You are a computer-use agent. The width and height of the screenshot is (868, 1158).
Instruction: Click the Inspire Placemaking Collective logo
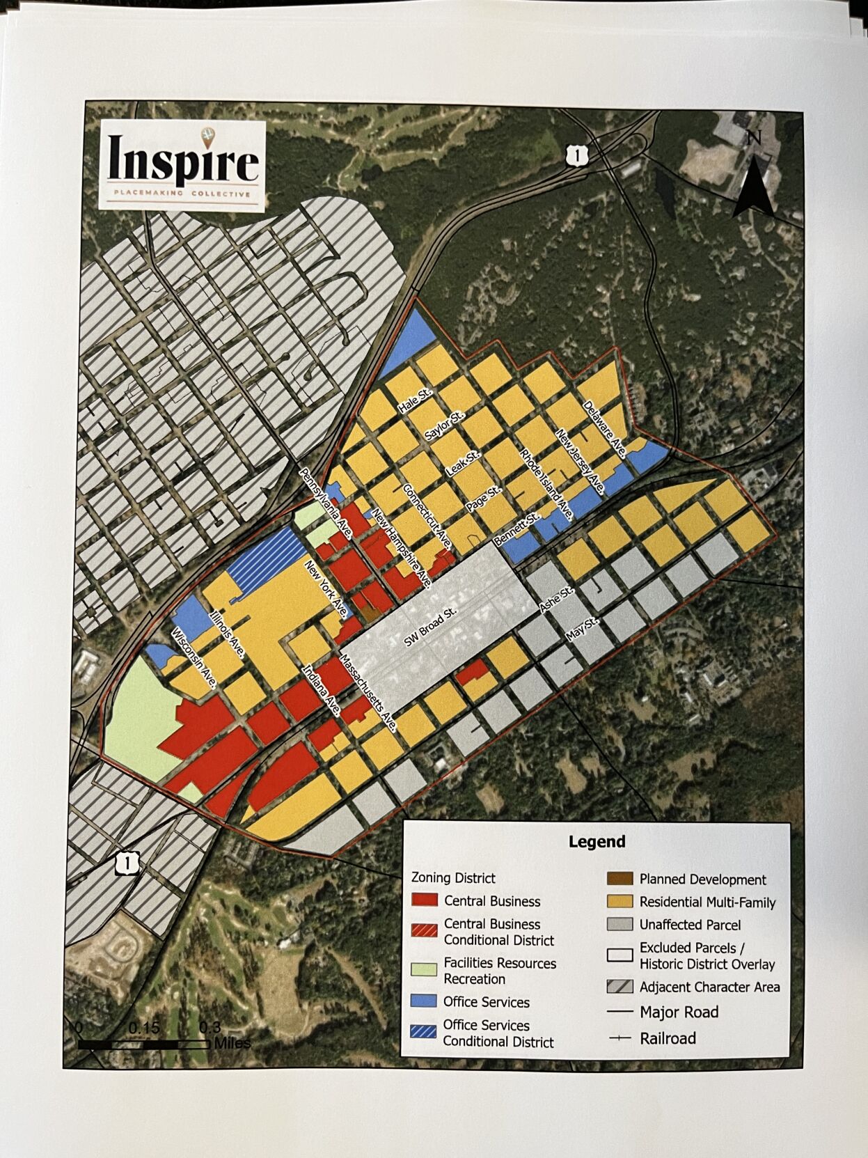[x=182, y=165]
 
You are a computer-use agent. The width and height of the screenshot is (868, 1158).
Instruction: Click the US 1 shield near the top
[x=576, y=155]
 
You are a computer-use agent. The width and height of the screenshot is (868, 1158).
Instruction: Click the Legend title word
[x=597, y=841]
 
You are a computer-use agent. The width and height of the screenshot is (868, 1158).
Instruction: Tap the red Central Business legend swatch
[x=424, y=901]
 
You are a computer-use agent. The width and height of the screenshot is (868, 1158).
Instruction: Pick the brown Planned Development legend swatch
[x=620, y=879]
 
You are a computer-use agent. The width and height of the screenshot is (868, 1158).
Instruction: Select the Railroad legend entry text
[x=668, y=1038]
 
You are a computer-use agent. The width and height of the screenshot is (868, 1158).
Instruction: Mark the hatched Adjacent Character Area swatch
[x=620, y=987]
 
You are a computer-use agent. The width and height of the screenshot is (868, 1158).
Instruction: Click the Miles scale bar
[x=143, y=1044]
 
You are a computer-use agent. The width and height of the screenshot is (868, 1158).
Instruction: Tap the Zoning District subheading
[x=453, y=877]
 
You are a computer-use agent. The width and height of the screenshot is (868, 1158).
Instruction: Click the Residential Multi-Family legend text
[x=707, y=902]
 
